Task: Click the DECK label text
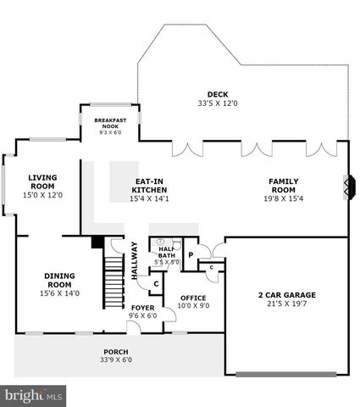207,94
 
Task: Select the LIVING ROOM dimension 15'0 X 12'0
42,195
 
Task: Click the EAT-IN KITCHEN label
149,185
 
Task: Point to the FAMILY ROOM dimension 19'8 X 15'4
284,198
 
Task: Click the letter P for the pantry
191,254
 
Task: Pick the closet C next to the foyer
156,284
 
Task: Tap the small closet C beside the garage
211,268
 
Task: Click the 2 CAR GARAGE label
286,295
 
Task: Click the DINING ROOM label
59,280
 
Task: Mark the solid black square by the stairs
97,242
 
